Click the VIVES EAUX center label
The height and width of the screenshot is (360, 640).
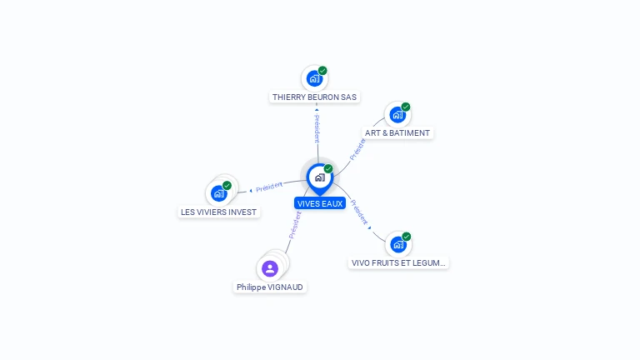319,203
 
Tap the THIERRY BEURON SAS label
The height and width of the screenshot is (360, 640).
314,97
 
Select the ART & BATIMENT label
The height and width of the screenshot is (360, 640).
397,132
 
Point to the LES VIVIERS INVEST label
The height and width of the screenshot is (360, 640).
218,212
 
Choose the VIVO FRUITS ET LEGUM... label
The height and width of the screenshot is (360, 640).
398,262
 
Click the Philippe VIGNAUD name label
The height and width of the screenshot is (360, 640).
270,287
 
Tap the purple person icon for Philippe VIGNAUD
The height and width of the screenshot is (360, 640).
269,268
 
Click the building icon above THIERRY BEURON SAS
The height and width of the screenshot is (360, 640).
313,79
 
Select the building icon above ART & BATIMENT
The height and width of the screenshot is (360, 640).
397,115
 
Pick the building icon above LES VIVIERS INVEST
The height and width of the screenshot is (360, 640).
217,193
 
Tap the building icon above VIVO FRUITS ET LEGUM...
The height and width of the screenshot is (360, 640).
397,245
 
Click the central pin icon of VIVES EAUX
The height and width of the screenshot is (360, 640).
319,177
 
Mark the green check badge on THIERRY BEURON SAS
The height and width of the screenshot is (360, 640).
322,71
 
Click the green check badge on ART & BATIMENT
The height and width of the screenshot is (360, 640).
406,107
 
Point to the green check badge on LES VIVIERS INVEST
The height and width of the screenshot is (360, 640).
227,185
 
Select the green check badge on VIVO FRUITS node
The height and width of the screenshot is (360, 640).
407,237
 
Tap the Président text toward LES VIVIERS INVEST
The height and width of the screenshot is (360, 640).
269,187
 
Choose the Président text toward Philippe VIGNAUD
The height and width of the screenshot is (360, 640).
294,225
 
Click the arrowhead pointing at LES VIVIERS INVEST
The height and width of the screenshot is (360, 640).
251,191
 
